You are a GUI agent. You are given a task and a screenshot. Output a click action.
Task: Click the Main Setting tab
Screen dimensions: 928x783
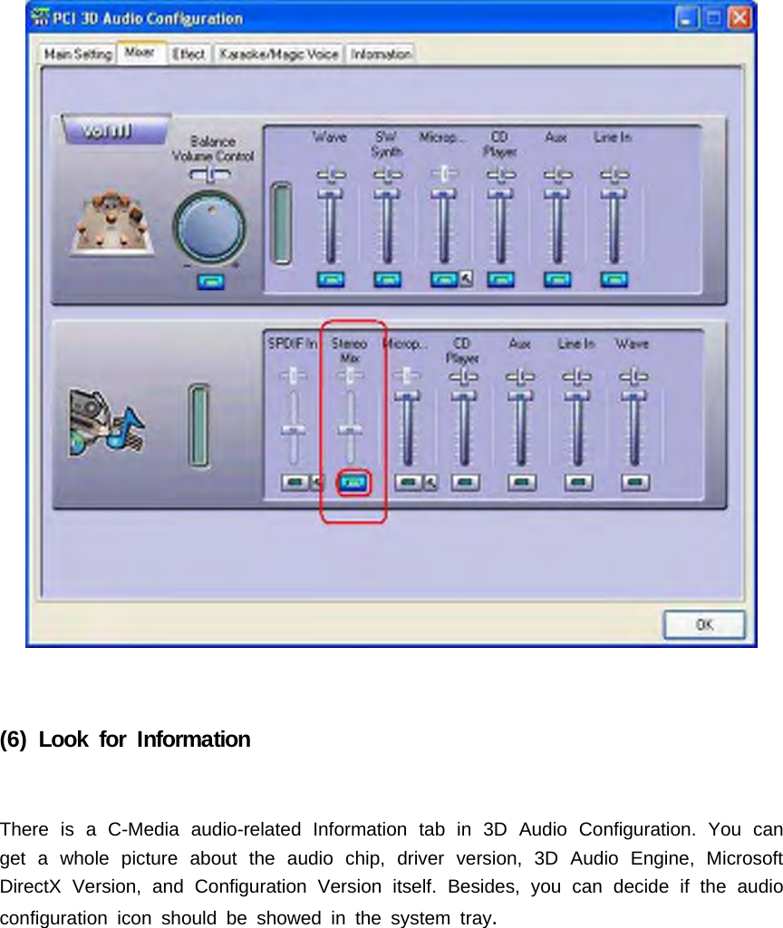pyautogui.click(x=77, y=54)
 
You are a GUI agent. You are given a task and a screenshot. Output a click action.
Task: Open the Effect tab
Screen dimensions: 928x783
pyautogui.click(x=188, y=54)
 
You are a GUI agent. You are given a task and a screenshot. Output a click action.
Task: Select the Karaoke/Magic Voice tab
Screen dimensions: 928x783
pyautogui.click(x=279, y=54)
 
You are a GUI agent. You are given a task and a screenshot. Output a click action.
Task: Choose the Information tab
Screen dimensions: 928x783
pyautogui.click(x=381, y=54)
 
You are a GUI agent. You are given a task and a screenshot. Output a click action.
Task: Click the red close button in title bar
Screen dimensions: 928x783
pyautogui.click(x=740, y=17)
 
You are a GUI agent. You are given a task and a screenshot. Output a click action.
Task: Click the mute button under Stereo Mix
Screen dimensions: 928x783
pyautogui.click(x=353, y=483)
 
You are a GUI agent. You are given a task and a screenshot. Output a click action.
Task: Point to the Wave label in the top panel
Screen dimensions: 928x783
pyautogui.click(x=329, y=138)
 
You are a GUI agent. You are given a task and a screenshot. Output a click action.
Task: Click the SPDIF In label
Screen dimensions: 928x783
pyautogui.click(x=292, y=344)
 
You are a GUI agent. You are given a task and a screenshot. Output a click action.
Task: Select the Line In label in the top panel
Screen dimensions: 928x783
pyautogui.click(x=614, y=138)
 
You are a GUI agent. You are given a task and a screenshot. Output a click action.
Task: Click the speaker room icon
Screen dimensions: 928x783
pyautogui.click(x=109, y=221)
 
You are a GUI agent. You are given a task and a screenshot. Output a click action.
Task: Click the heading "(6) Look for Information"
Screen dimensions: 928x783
pyautogui.click(x=125, y=739)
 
